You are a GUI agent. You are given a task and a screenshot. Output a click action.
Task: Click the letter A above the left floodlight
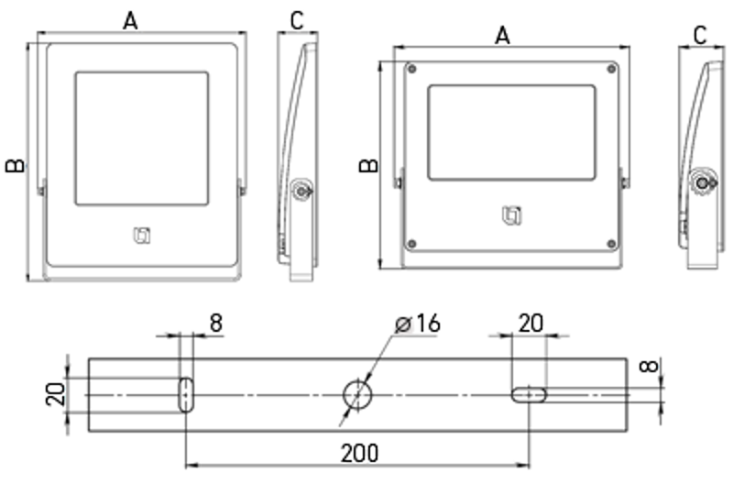pyautogui.click(x=130, y=21)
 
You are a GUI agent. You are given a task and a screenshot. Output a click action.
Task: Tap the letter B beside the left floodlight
pyautogui.click(x=15, y=166)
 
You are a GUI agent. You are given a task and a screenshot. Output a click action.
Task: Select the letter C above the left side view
pyautogui.click(x=297, y=20)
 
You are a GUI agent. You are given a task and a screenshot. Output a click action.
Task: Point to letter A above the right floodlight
pyautogui.click(x=502, y=36)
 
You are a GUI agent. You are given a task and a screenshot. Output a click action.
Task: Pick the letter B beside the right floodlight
pyautogui.click(x=368, y=166)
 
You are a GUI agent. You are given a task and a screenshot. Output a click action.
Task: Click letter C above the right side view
pyautogui.click(x=700, y=36)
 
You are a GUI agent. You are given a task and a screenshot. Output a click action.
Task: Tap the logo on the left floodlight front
pyautogui.click(x=142, y=236)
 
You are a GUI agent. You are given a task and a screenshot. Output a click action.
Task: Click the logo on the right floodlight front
pyautogui.click(x=512, y=215)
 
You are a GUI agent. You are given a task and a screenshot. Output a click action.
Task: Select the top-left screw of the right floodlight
pyautogui.click(x=411, y=70)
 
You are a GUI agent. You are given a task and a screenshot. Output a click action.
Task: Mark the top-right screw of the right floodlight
pyautogui.click(x=611, y=70)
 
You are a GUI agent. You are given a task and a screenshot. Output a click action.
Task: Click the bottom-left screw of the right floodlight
pyautogui.click(x=411, y=244)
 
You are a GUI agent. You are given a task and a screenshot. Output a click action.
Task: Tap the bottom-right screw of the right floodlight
pyautogui.click(x=611, y=244)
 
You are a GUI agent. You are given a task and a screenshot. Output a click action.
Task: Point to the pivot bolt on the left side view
pyautogui.click(x=301, y=191)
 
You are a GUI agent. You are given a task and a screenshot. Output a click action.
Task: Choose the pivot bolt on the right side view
pyautogui.click(x=703, y=182)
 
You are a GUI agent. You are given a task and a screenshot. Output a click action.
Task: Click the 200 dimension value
pyautogui.click(x=359, y=453)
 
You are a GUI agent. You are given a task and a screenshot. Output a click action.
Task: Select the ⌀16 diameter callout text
pyautogui.click(x=418, y=324)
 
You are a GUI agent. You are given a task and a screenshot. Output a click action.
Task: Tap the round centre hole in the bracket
pyautogui.click(x=357, y=395)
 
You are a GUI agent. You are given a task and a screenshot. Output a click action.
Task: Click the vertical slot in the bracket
pyautogui.click(x=187, y=395)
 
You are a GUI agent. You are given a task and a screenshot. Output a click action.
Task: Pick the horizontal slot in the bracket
pyautogui.click(x=529, y=395)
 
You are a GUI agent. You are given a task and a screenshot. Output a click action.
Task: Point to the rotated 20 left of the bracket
pyautogui.click(x=56, y=394)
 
